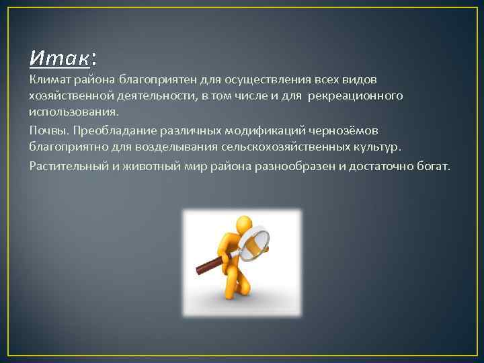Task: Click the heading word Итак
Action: pyautogui.click(x=59, y=58)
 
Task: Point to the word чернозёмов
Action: pyautogui.click(x=343, y=130)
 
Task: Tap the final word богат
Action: pyautogui.click(x=434, y=165)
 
